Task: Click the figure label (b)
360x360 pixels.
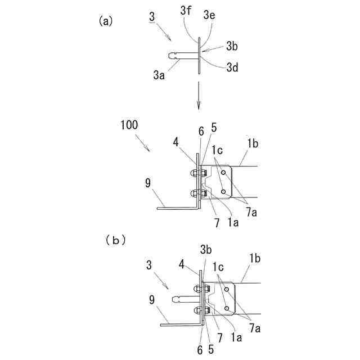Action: pos(115,240)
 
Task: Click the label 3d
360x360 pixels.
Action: pos(233,67)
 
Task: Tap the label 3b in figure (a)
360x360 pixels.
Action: pos(232,44)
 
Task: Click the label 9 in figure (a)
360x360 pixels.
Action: pos(148,182)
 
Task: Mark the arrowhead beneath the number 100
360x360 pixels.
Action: pos(147,149)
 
